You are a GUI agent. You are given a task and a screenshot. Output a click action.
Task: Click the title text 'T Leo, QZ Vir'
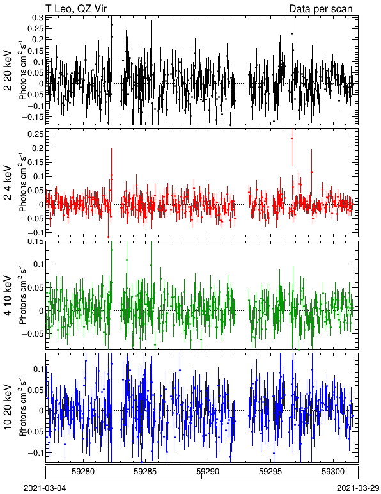[76, 9]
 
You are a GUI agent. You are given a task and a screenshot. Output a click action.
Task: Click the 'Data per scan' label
[321, 9]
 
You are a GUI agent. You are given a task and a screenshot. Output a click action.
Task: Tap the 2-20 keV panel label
[8, 70]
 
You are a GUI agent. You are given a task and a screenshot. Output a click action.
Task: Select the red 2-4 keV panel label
[8, 183]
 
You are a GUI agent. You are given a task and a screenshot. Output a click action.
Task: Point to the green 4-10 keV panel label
[8, 296]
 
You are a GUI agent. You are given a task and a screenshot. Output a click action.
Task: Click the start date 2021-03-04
[45, 488]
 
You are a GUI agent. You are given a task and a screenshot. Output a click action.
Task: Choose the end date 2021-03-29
[358, 488]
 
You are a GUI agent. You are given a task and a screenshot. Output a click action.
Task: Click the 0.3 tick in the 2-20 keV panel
[38, 18]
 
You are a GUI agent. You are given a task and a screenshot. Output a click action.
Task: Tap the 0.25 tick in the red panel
[36, 134]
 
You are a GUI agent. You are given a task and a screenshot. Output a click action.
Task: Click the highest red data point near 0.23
[292, 138]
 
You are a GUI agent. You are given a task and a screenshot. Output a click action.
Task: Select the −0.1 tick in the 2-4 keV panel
[36, 233]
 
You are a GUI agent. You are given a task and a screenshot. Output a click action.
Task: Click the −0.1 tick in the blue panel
[36, 453]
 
